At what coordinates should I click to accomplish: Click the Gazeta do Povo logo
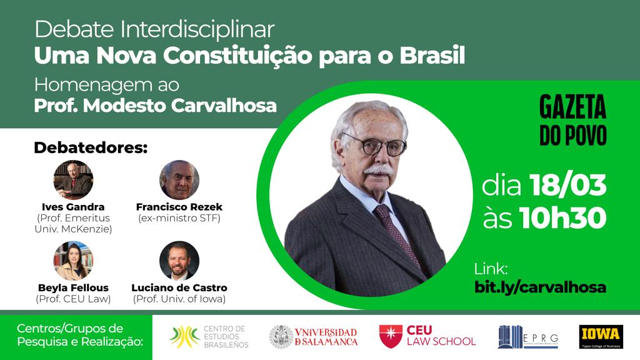[573, 121]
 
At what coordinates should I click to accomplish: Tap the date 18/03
[568, 186]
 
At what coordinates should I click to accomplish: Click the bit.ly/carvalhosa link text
[541, 287]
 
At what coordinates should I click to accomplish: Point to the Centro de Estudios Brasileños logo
[209, 336]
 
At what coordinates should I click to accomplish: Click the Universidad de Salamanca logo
[314, 336]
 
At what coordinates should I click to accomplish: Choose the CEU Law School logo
[427, 336]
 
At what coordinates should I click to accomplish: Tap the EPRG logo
[527, 336]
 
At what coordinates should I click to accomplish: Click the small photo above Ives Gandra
[73, 179]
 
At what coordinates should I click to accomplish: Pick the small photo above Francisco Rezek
[179, 179]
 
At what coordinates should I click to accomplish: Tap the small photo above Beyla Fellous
[73, 261]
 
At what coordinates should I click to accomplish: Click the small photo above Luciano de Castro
[179, 261]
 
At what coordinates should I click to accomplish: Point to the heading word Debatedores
[91, 148]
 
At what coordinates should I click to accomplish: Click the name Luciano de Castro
[179, 288]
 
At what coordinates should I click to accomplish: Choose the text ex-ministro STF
[179, 218]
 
